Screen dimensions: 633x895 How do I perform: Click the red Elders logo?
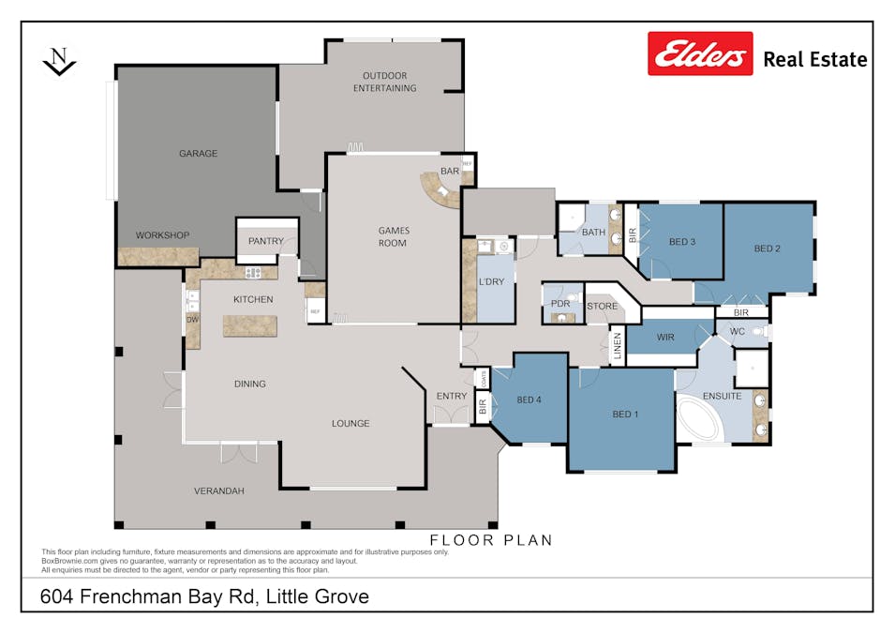(x=699, y=53)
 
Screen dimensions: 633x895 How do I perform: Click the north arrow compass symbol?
(x=59, y=62)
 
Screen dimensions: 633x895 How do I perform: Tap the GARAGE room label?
(x=198, y=154)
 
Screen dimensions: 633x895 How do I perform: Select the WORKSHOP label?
(x=162, y=235)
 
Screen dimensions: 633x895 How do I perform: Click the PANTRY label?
(x=266, y=241)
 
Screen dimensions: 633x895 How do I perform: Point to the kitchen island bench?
(x=250, y=326)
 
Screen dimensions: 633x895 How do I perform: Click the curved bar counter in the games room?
(x=439, y=193)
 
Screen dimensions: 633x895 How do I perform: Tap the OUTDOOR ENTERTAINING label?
(x=384, y=82)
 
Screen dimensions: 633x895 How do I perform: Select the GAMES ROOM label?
(x=393, y=236)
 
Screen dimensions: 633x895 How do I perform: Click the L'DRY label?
(x=492, y=282)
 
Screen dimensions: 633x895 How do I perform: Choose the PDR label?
(x=560, y=304)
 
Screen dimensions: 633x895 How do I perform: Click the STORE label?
(x=602, y=307)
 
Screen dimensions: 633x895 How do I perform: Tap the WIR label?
(x=665, y=336)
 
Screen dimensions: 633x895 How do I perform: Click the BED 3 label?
(x=681, y=242)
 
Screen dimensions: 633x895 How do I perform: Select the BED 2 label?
(x=767, y=249)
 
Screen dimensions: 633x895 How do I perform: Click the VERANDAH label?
(x=218, y=491)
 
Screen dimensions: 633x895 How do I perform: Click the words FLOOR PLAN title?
(x=490, y=540)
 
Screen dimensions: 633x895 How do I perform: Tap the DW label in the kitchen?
(x=192, y=319)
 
